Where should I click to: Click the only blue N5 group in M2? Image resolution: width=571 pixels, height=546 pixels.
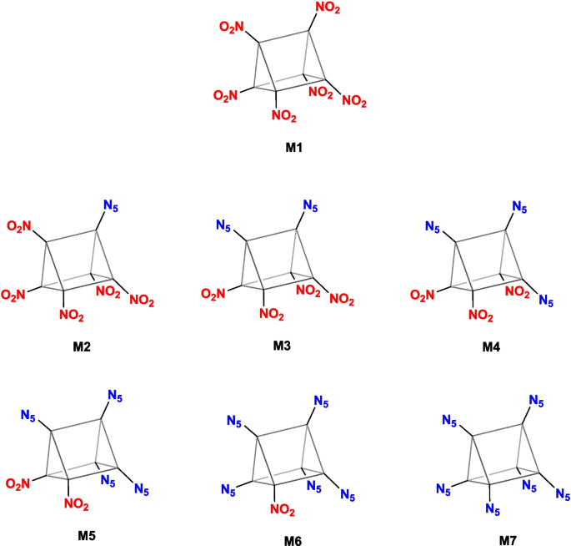[x=113, y=205]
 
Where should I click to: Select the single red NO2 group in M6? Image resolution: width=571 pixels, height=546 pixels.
[x=288, y=511]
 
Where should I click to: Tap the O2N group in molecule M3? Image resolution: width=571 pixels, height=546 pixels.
[x=214, y=294]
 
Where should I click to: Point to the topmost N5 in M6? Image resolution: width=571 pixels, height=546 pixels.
[x=321, y=402]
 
